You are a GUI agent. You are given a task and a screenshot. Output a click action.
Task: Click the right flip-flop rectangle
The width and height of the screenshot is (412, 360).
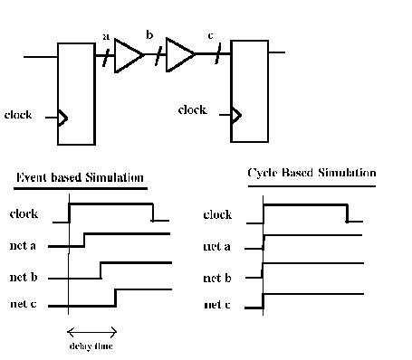[x=250, y=90]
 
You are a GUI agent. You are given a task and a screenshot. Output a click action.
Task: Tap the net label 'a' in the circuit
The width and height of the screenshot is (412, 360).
[x=106, y=37]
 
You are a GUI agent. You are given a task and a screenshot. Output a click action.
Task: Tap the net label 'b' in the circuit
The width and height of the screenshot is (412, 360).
[x=150, y=35]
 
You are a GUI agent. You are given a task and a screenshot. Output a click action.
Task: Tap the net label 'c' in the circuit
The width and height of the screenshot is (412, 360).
[x=211, y=36]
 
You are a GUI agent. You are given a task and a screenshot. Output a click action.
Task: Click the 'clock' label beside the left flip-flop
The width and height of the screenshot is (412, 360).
[x=19, y=115]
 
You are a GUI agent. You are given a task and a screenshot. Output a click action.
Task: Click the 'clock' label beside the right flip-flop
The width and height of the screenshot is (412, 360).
[x=192, y=110]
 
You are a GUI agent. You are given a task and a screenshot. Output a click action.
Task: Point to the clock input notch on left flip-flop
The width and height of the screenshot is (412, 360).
[x=62, y=117]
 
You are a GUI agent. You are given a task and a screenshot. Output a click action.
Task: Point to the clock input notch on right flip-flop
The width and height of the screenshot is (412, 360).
[x=237, y=115]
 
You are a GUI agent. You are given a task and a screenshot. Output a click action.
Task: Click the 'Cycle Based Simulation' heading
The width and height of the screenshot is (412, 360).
[x=312, y=173]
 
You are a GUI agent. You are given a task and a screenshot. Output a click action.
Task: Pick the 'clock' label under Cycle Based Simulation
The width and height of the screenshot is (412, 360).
[x=218, y=215]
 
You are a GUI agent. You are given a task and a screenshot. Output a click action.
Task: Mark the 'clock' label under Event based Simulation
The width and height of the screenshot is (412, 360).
[x=24, y=214]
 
